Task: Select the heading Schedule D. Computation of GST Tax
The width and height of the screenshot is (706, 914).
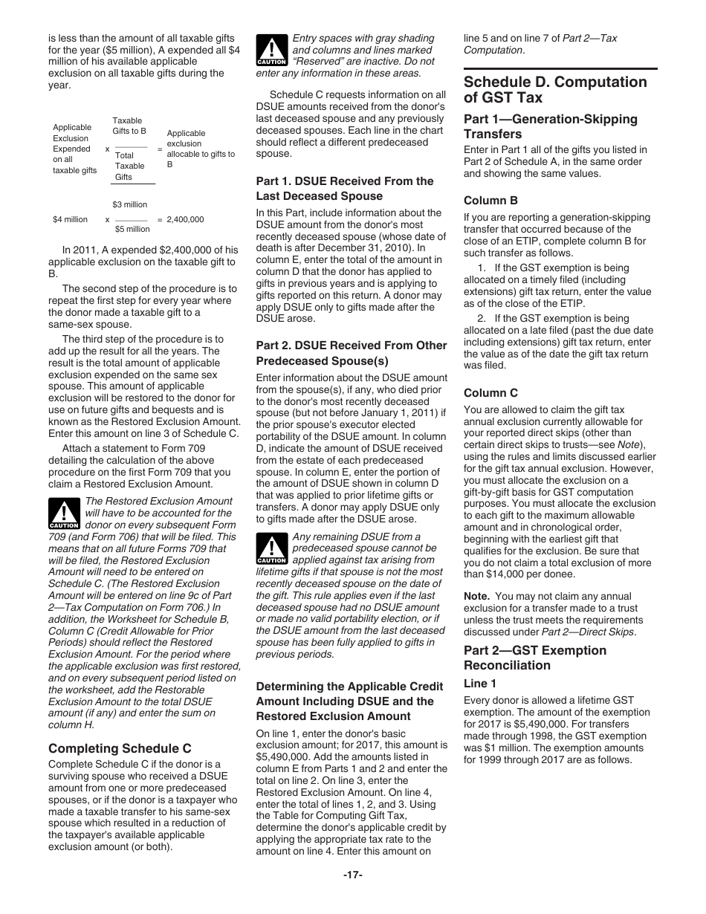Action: (x=555, y=90)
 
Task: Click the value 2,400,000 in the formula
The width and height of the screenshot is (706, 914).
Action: (x=185, y=220)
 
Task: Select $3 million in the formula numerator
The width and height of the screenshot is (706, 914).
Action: (x=130, y=205)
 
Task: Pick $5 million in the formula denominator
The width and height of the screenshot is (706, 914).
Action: (x=132, y=230)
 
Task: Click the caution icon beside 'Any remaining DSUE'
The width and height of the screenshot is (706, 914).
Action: (x=271, y=549)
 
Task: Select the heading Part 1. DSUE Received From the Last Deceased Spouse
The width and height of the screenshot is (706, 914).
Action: (x=344, y=189)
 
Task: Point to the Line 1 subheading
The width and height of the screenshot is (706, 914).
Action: (x=480, y=683)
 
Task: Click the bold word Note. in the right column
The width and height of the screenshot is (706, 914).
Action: (x=476, y=597)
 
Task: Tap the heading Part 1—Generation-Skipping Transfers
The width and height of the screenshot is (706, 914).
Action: (x=550, y=126)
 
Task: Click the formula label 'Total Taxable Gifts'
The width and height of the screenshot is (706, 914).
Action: (x=129, y=166)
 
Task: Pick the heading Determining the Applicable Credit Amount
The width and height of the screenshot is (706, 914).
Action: (x=349, y=701)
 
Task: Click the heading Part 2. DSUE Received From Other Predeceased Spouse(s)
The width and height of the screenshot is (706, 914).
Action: (x=351, y=353)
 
